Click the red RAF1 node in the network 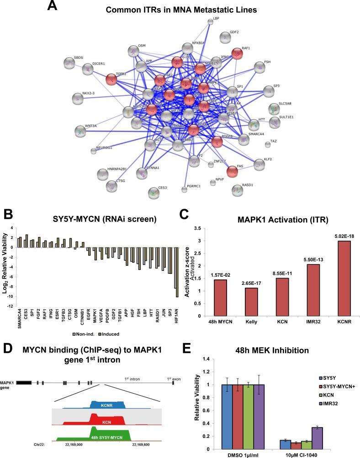point(237,53)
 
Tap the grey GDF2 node point(224,37)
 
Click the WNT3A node point(80,132)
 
